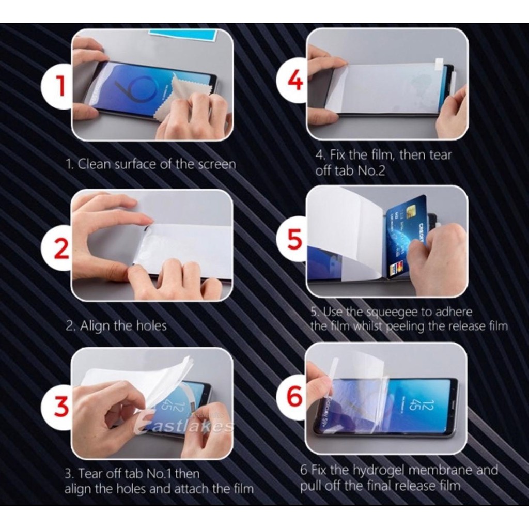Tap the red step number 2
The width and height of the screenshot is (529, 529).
click(x=61, y=248)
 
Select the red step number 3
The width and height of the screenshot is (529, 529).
click(x=61, y=406)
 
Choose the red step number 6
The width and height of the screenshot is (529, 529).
click(x=294, y=396)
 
